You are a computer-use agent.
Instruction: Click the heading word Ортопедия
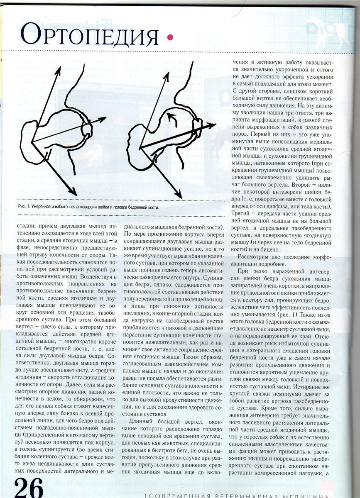click(x=89, y=35)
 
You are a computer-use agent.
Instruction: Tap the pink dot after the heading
click(x=169, y=38)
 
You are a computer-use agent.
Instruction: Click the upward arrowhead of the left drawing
click(x=58, y=70)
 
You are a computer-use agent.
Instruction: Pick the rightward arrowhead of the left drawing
click(x=103, y=120)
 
